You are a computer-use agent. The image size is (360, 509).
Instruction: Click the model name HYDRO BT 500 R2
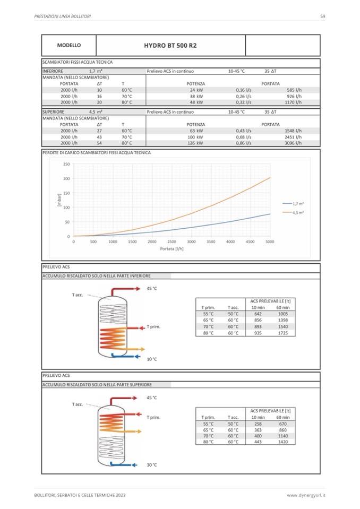coord(170,46)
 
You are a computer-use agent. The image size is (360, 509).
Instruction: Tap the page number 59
coord(323,16)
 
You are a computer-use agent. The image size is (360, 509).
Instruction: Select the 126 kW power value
coord(196,143)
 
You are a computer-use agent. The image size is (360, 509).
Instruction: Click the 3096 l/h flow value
coord(293,143)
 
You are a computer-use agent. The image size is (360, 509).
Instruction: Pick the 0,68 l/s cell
coord(244,137)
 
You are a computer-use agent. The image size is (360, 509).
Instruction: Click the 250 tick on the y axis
coord(66,164)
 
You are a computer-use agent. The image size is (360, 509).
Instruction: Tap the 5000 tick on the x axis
coord(270,241)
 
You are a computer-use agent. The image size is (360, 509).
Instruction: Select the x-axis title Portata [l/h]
coord(172,248)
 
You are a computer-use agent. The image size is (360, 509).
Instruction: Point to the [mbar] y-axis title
coord(59,200)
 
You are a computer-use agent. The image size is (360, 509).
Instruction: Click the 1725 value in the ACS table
coord(283,333)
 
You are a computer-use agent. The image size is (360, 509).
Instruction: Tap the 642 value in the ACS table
coord(258,314)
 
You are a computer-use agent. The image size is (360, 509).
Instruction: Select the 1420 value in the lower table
coord(283,442)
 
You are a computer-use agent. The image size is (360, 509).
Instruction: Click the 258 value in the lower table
coord(258,424)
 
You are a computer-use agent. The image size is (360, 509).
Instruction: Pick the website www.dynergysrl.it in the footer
coord(306,495)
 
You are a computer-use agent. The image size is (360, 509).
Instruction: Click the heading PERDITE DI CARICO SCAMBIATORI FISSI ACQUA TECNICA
coord(96,153)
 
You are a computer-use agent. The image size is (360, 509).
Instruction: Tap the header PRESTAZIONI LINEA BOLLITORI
coord(62,16)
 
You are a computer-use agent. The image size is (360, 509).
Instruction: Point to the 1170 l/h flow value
coord(293,102)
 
